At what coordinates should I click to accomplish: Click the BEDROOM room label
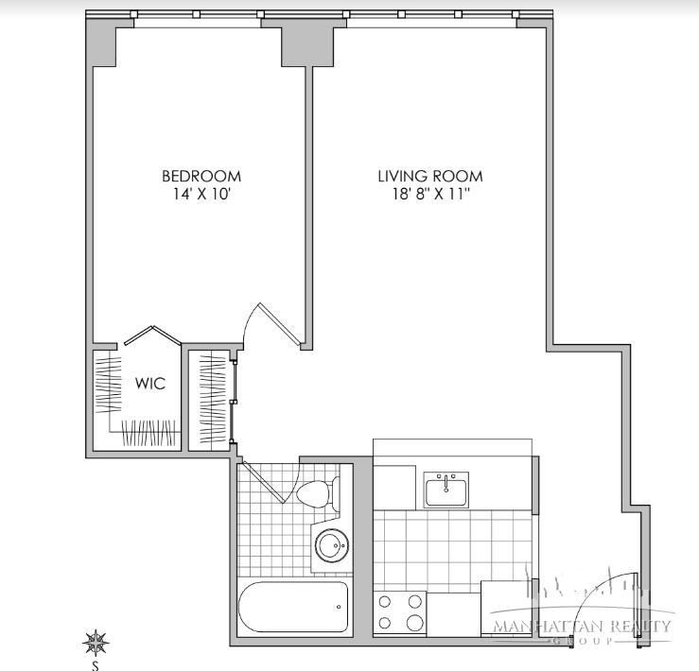point(201,176)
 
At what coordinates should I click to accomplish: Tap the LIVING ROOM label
point(430,176)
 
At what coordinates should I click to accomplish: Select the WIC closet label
point(150,384)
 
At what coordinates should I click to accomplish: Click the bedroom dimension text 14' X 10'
point(201,195)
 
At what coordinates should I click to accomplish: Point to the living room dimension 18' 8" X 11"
point(430,195)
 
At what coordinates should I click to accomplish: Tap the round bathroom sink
point(332,545)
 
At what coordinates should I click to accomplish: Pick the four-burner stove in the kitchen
point(401,612)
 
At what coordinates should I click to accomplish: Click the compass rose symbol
point(96,644)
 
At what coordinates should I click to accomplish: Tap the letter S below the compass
point(96,663)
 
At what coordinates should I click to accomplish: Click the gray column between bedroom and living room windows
point(309,45)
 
